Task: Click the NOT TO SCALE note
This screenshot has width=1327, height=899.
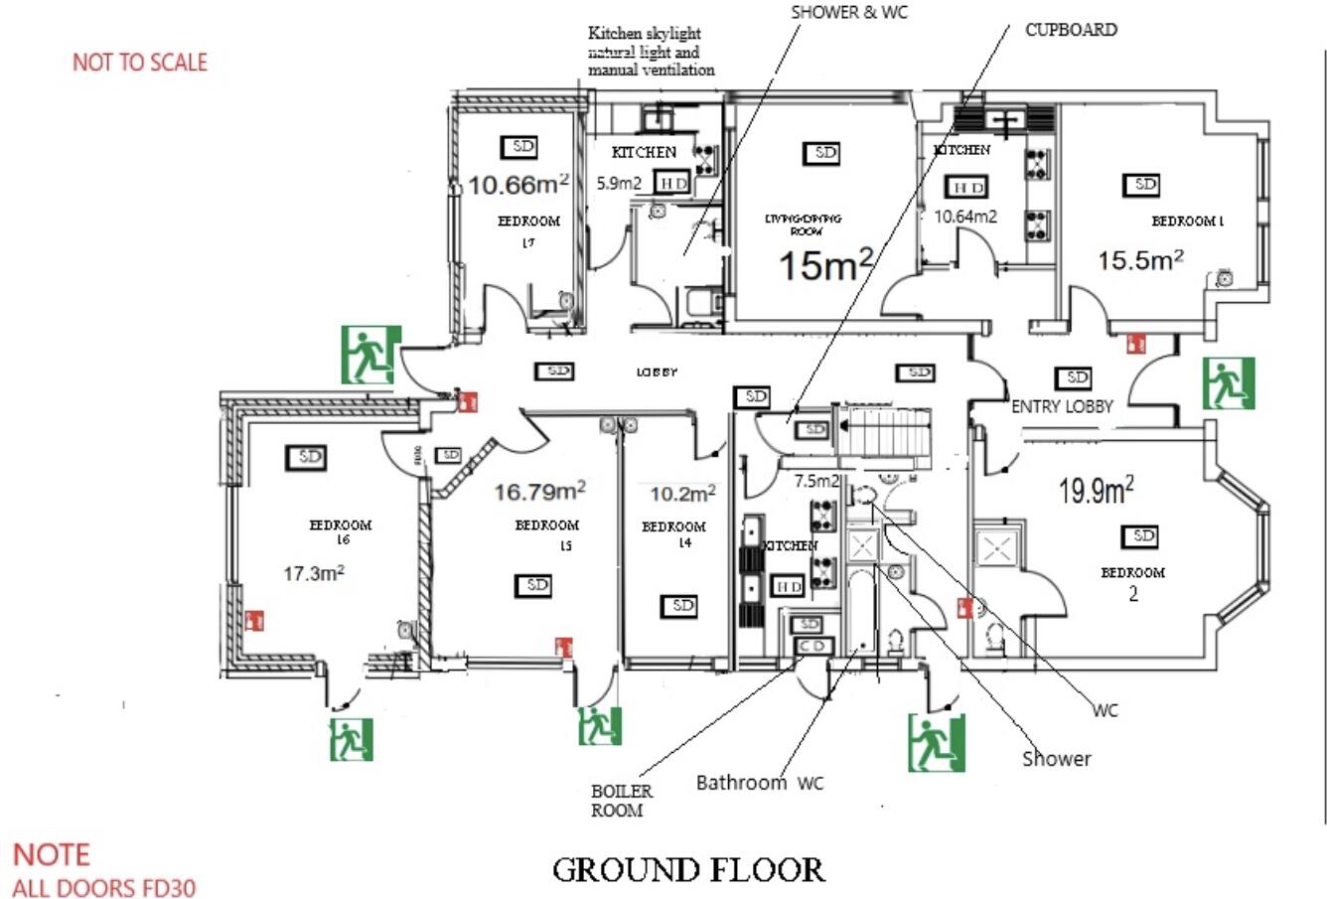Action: click(140, 63)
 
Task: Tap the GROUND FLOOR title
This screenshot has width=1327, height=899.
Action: click(687, 870)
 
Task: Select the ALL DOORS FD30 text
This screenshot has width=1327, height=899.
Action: click(103, 887)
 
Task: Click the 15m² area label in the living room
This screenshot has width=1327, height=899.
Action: click(825, 264)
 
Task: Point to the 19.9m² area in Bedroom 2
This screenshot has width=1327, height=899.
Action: click(1097, 490)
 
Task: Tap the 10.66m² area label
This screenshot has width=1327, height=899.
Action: click(518, 184)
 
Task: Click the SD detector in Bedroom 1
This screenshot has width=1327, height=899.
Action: click(1144, 185)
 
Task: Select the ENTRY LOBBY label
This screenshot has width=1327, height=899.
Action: click(1062, 406)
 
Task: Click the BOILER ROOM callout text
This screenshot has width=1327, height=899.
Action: click(622, 801)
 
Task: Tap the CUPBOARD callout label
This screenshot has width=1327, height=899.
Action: click(1071, 30)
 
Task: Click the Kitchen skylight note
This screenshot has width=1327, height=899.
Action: click(651, 52)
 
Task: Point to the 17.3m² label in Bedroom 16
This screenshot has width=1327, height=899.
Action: click(314, 572)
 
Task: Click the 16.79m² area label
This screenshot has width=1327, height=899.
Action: click(539, 490)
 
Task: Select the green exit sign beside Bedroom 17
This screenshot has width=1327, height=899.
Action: click(369, 355)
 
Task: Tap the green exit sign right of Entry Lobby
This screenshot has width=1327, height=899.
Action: click(1229, 383)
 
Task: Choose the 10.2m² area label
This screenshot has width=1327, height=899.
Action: click(682, 493)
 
